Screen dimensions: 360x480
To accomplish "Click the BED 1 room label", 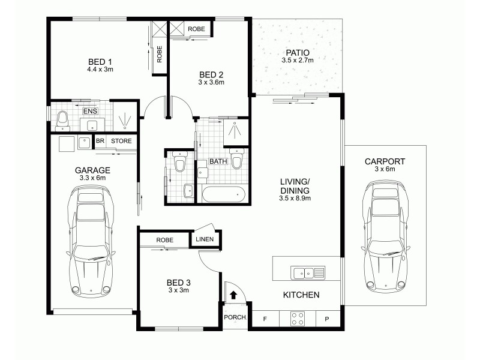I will [100, 61].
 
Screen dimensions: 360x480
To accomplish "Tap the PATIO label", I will [298, 52].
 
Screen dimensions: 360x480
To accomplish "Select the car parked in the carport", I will [385, 237].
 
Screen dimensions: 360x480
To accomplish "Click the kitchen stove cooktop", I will [298, 319].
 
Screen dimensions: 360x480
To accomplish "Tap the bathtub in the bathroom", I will [223, 194].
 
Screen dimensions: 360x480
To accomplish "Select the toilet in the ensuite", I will [61, 122].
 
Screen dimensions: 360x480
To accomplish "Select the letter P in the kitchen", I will [328, 319].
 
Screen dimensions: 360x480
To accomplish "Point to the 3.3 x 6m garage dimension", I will [92, 178].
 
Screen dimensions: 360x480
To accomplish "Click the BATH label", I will [217, 162].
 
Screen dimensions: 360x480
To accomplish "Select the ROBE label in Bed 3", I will [164, 240].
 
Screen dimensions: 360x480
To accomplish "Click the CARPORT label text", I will [385, 161].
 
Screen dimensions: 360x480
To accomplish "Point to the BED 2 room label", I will [211, 75].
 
